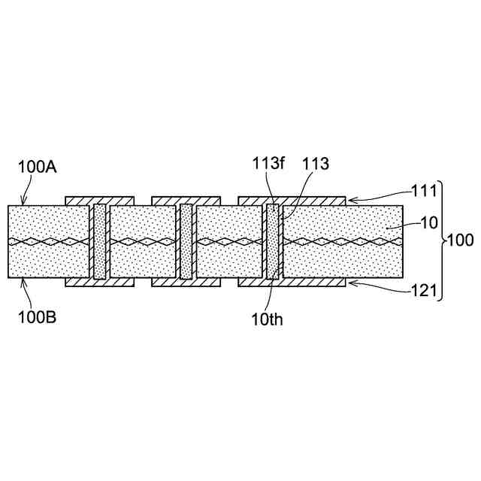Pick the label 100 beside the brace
tap(459, 241)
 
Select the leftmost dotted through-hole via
tap(99, 241)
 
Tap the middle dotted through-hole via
tap(186, 241)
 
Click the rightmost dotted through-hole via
tap(272, 241)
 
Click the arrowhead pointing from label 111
tap(349, 199)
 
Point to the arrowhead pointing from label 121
tap(349, 283)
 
